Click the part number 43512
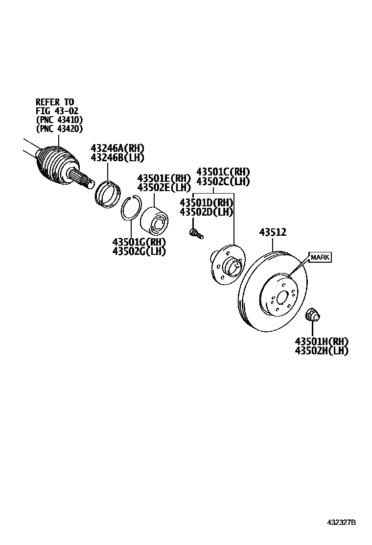[272, 233]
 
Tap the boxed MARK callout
[320, 257]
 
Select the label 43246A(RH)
[117, 148]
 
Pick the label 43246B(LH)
[117, 157]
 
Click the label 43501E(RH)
[163, 178]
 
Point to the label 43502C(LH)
[223, 181]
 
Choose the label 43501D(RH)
[206, 202]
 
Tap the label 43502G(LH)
[139, 251]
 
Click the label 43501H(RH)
[322, 341]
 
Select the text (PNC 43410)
[59, 120]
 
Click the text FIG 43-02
[57, 111]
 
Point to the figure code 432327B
[342, 522]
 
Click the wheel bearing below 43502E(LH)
[155, 220]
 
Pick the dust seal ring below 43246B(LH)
[108, 193]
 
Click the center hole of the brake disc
[281, 297]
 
